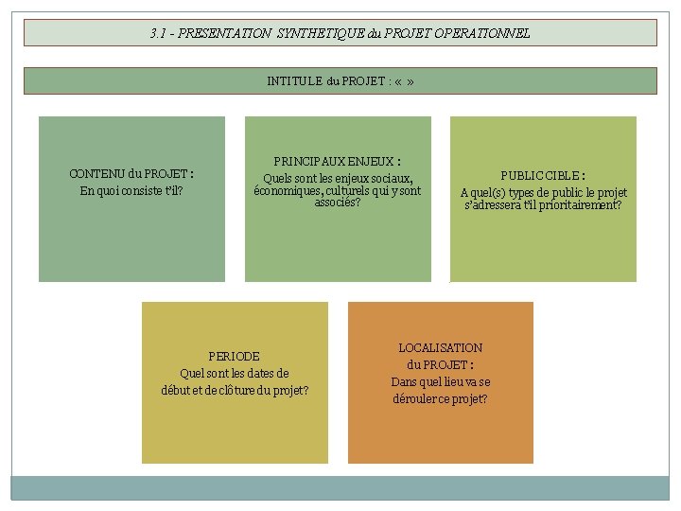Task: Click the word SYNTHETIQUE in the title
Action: [x=315, y=33]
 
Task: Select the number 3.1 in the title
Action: [x=158, y=33]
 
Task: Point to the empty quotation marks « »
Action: [x=405, y=81]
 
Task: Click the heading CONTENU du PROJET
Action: [x=131, y=174]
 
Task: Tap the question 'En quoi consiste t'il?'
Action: [x=131, y=191]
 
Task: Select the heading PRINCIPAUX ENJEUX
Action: [x=337, y=162]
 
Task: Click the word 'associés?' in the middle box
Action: [x=338, y=203]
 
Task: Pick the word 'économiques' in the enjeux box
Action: [x=287, y=190]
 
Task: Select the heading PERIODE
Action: [x=234, y=357]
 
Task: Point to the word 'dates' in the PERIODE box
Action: [x=271, y=373]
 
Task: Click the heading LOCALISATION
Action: [x=440, y=348]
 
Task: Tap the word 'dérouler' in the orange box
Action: [x=415, y=398]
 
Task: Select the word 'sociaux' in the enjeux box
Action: [x=390, y=178]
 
